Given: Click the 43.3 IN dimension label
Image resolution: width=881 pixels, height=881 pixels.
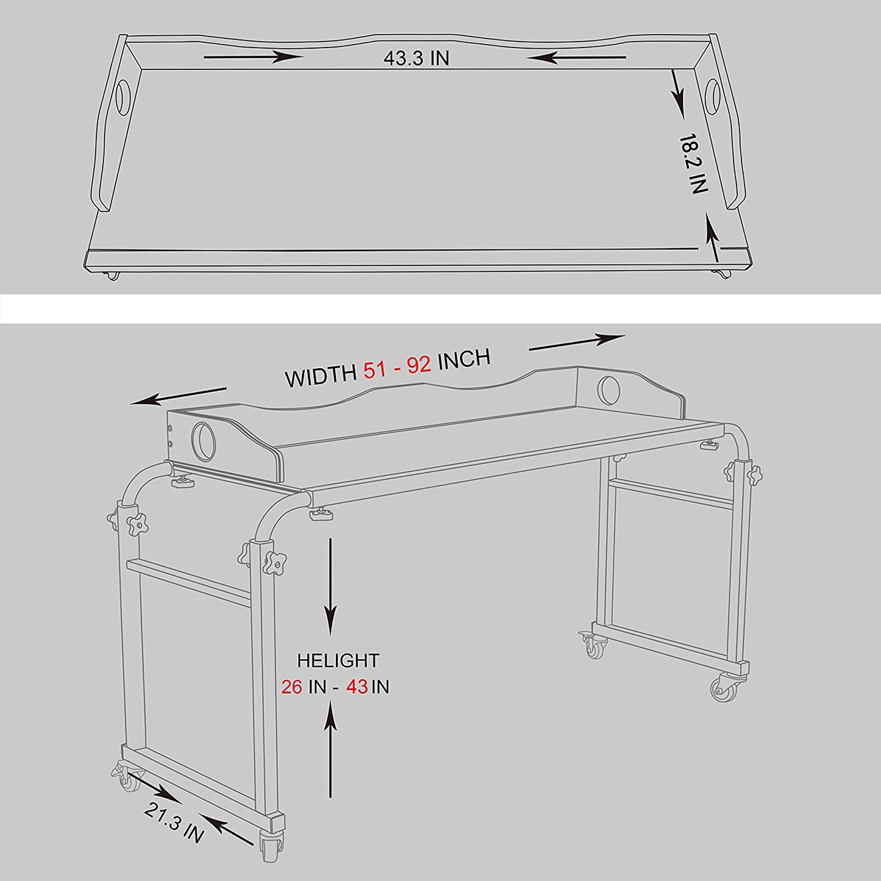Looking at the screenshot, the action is point(416,58).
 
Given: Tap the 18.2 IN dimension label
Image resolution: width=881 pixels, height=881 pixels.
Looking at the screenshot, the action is point(693,163).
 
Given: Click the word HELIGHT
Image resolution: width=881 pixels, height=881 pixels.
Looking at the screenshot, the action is point(338,661).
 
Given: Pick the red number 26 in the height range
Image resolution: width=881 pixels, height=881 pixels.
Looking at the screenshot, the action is point(291,687).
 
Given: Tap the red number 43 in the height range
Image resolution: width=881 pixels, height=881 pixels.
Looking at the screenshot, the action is point(357,687).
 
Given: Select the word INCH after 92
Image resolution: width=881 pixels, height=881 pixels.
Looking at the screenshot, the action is point(464,358).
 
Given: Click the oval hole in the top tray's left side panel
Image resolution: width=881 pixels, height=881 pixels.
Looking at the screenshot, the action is point(123,96).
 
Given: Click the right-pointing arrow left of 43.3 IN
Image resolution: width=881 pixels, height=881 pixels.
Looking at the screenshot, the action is point(253,57).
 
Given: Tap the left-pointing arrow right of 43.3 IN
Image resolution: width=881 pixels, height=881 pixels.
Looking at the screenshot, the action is point(577,57).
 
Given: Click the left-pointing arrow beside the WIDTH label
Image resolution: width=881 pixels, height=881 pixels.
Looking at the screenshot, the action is point(179,396).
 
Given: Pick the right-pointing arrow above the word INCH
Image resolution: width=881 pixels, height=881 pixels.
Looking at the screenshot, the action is point(577,343).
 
